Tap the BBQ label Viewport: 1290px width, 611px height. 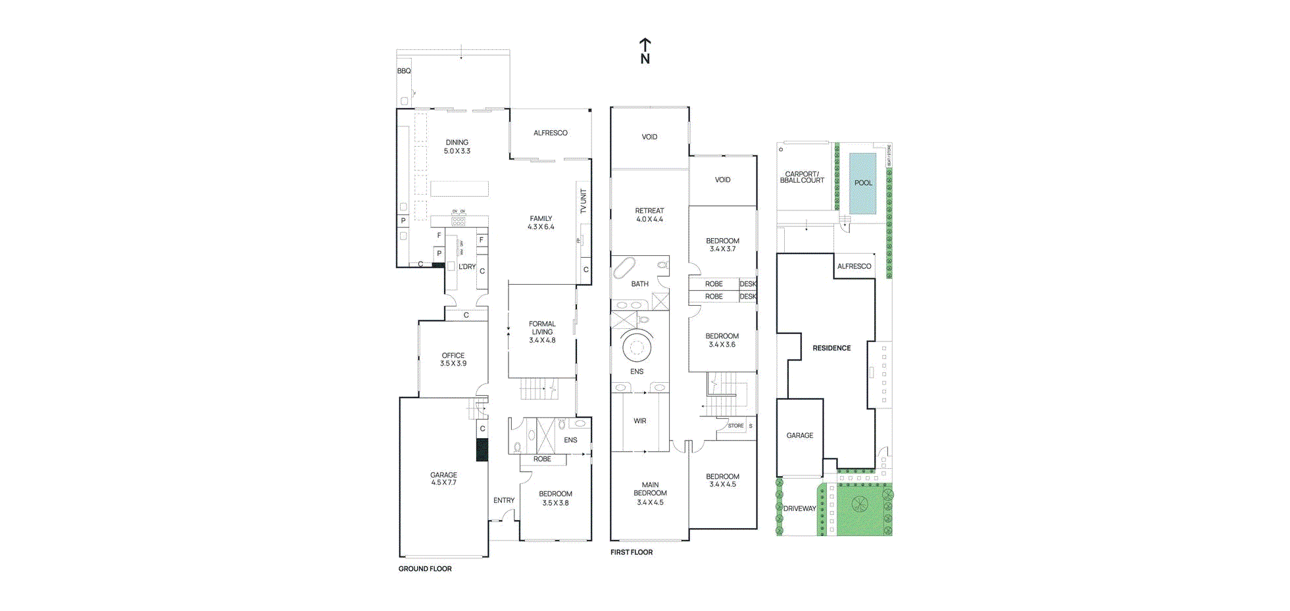click(x=404, y=71)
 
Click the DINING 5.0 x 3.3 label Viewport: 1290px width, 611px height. click(x=457, y=147)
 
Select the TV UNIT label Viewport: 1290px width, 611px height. click(x=583, y=201)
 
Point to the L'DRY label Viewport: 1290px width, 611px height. click(x=467, y=266)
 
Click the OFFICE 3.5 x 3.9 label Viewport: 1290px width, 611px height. click(x=453, y=359)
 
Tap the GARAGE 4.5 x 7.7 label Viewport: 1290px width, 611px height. click(x=443, y=479)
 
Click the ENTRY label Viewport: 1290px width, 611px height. click(x=504, y=501)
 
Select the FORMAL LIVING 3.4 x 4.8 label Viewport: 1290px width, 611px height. click(x=542, y=332)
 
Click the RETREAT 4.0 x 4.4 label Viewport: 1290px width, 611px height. click(x=649, y=215)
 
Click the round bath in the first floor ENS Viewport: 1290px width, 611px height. click(x=636, y=347)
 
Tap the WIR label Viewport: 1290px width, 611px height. click(x=640, y=421)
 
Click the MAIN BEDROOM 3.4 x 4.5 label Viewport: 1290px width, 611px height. click(x=650, y=493)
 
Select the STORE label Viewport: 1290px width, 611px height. click(x=735, y=426)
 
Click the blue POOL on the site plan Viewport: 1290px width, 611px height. click(x=862, y=183)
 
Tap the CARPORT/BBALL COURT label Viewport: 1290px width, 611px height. click(x=802, y=178)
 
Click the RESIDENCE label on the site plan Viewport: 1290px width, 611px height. click(x=831, y=348)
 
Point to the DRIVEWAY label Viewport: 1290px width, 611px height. click(x=800, y=508)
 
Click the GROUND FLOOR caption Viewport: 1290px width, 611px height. click(x=425, y=569)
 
